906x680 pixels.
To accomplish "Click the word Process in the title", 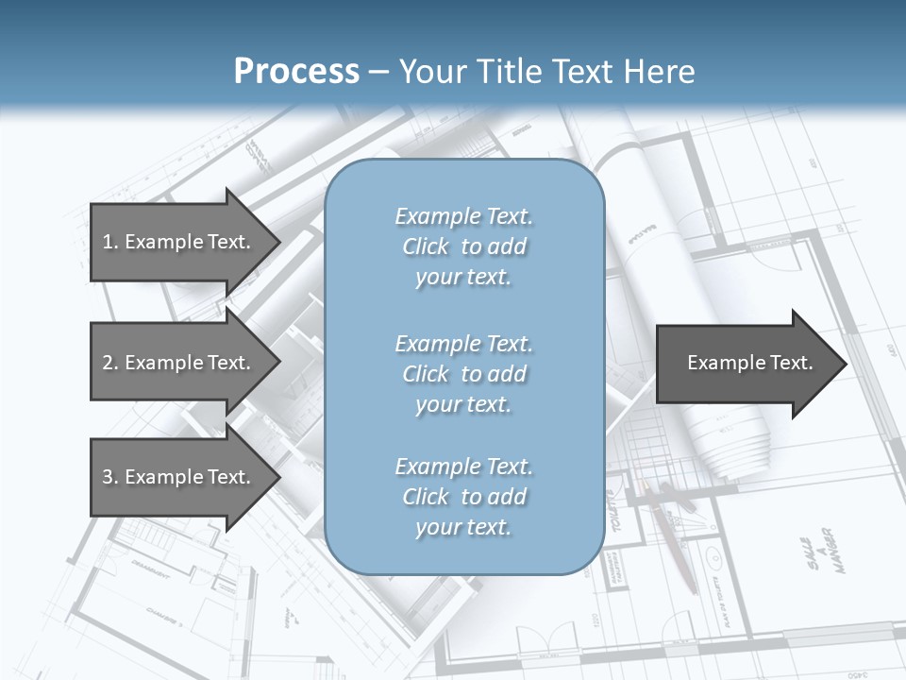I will coord(296,72).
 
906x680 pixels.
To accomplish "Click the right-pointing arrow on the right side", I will coord(746,364).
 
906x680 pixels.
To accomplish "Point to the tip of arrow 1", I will coord(278,242).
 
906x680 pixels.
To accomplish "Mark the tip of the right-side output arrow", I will coord(846,364).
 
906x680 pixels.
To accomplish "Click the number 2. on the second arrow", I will coord(109,363).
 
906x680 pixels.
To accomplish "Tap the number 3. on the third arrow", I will coord(109,477).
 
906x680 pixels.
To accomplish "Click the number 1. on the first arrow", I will coord(109,242).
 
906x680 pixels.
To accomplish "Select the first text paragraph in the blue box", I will coord(463,246).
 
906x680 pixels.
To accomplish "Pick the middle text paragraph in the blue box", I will coord(463,374).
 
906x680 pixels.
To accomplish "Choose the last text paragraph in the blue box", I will coord(463,497).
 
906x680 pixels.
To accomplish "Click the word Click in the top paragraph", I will coord(426,246).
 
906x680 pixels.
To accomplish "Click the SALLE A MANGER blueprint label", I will coord(817,552).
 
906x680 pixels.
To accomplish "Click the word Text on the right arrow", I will coord(791,363).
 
